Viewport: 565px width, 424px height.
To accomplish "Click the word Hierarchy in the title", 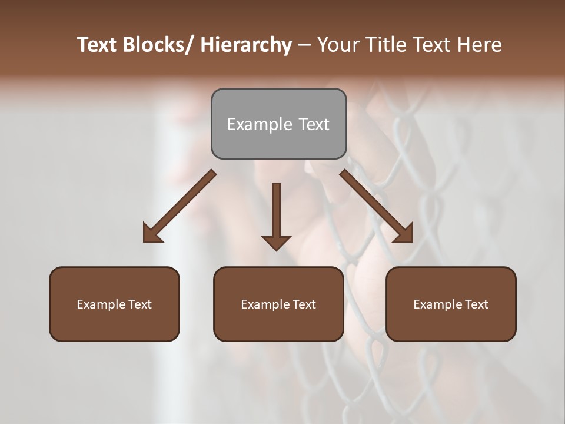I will coord(246,45).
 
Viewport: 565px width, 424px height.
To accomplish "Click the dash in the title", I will coord(304,45).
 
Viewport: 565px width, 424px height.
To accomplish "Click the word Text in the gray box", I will coord(314,124).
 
